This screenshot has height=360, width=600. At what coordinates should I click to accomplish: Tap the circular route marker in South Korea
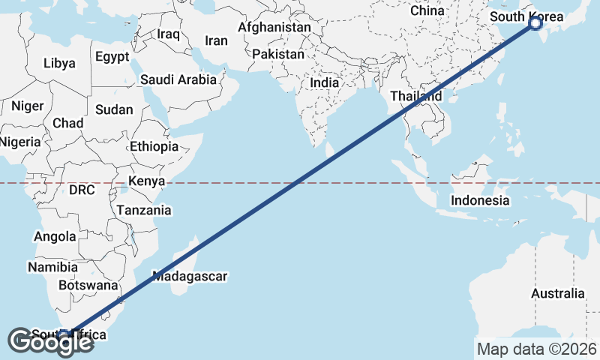[535, 23]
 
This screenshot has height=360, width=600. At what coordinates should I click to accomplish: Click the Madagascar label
[190, 276]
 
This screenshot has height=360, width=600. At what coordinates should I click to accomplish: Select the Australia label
[557, 293]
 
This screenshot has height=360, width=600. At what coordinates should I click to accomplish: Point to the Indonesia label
[480, 200]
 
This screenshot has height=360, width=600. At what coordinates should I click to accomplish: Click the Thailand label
[415, 96]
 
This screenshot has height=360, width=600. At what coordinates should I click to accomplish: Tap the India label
[325, 83]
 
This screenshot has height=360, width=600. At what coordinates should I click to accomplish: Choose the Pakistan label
[278, 54]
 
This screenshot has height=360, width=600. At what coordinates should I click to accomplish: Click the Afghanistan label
[274, 27]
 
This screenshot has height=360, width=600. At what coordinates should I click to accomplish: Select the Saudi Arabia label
[178, 79]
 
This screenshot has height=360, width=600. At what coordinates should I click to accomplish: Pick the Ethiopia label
[154, 146]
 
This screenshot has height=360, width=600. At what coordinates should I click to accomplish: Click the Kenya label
[146, 181]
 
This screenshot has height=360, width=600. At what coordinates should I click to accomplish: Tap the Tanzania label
[144, 210]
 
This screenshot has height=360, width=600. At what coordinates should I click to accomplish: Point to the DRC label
[82, 190]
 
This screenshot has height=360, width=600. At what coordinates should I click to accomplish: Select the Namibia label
[52, 266]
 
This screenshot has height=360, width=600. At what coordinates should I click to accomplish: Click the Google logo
[51, 342]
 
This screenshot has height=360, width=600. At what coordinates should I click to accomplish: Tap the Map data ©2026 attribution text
[536, 349]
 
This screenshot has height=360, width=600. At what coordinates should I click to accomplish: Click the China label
[427, 11]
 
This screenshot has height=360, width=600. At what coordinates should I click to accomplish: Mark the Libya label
[59, 63]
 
